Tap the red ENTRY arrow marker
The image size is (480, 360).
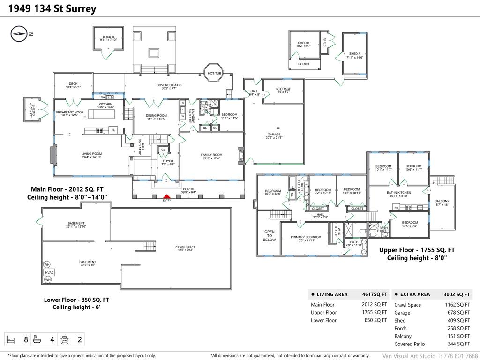click(166, 197)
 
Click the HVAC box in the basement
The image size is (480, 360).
click(50, 272)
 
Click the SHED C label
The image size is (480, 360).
click(108, 37)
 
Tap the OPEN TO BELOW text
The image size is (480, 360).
click(269, 235)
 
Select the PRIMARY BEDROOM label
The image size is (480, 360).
click(306, 237)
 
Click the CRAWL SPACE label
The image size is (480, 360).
click(186, 247)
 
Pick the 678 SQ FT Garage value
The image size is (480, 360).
click(460, 313)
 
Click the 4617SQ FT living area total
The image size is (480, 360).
click(375, 294)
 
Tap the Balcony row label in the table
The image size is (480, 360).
click(403, 336)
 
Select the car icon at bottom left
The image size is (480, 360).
click(66, 339)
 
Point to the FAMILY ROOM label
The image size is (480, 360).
click(211, 155)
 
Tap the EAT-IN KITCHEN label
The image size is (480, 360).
click(398, 193)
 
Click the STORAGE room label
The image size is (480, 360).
click(283, 89)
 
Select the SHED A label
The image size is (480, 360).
click(355, 54)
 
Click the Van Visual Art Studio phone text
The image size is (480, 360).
click(430, 356)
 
